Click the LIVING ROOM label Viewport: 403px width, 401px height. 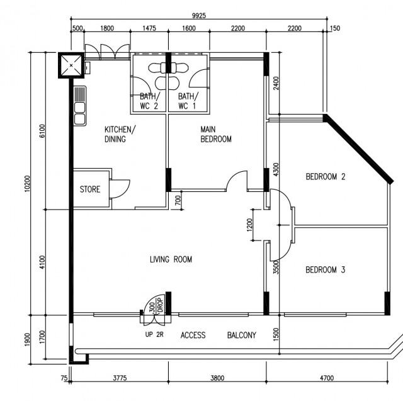tap(171, 259)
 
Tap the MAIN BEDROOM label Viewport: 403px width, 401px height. tap(216, 134)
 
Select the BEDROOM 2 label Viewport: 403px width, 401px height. tap(326, 177)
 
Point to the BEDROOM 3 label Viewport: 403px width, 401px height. tap(326, 270)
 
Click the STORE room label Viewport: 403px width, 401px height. tap(90, 189)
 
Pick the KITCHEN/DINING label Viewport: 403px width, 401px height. tap(120, 135)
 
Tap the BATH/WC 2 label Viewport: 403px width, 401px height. tap(149, 101)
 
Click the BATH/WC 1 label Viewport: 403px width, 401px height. tap(188, 101)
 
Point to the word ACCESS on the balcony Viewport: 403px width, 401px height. tap(193, 336)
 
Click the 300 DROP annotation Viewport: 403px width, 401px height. tap(156, 305)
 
